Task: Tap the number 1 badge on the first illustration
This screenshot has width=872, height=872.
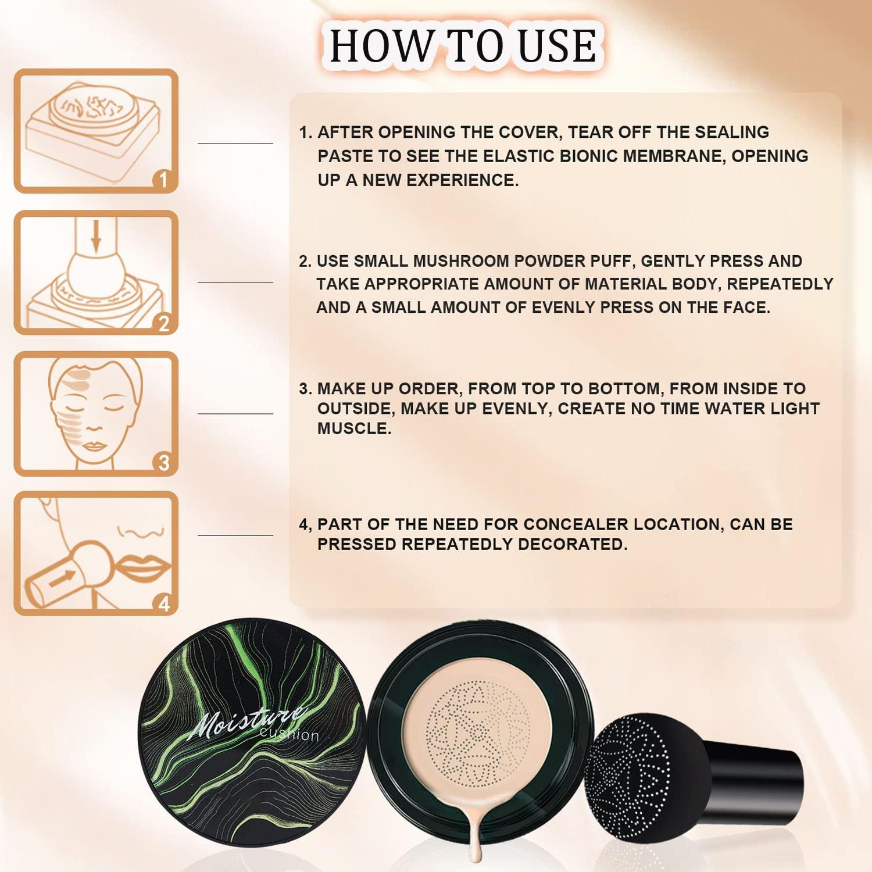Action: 163,180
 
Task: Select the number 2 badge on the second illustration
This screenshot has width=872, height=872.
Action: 163,323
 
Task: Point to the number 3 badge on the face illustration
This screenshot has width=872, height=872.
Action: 163,463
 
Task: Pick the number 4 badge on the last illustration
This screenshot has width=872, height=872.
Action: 163,604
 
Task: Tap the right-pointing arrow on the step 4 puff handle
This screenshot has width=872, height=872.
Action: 67,577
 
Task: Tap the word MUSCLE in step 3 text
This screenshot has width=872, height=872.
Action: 353,429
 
